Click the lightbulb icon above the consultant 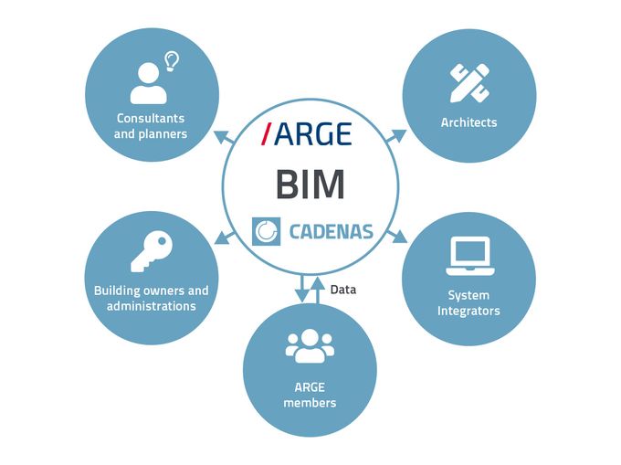(x=172, y=62)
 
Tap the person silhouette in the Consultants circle (x=148, y=83)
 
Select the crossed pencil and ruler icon (x=469, y=83)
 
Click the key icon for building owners (x=152, y=251)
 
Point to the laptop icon (x=470, y=256)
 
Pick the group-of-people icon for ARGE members (x=310, y=346)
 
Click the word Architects (x=468, y=122)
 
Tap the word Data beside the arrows (x=343, y=290)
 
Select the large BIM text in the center (x=310, y=185)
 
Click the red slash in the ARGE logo (x=267, y=133)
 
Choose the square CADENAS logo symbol (x=266, y=231)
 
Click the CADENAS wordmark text (x=332, y=232)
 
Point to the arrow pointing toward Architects (x=395, y=137)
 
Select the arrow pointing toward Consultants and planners (x=225, y=137)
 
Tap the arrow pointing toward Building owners (x=225, y=238)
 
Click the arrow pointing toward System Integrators (x=396, y=236)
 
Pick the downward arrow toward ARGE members (x=302, y=289)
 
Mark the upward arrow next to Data (x=317, y=290)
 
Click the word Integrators (x=468, y=311)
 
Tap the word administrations (x=152, y=306)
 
